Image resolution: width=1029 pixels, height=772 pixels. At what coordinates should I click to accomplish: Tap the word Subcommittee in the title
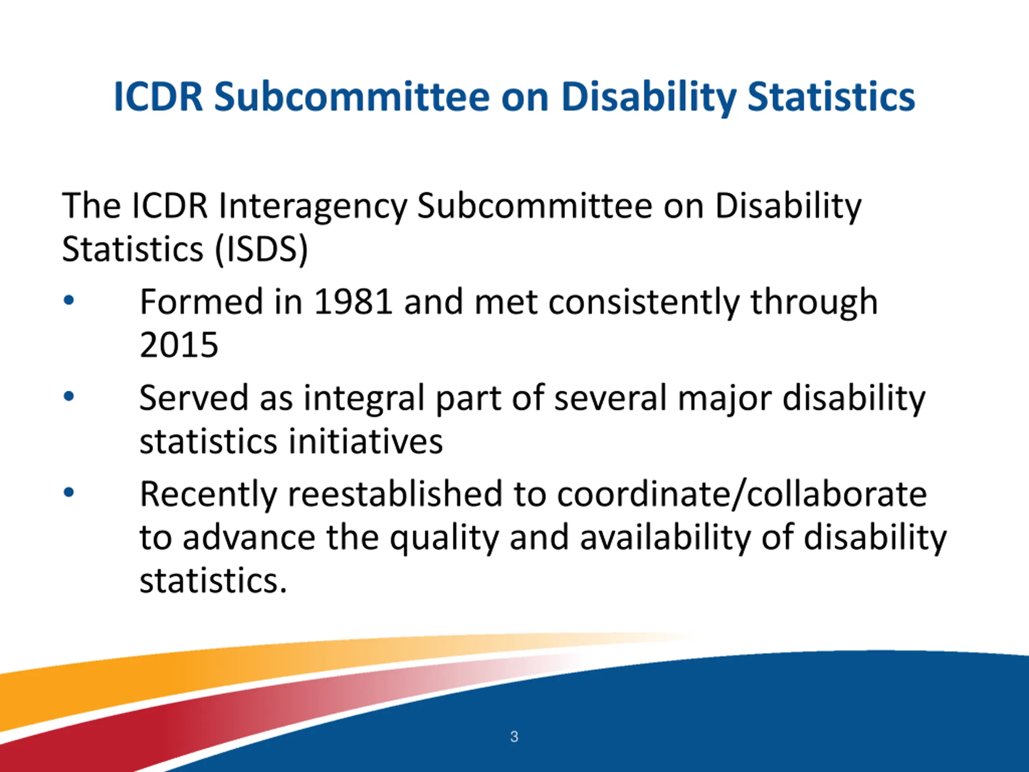[x=352, y=97]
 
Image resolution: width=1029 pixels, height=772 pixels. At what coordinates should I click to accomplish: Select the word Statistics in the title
[x=831, y=97]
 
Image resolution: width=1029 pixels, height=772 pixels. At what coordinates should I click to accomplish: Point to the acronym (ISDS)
[x=261, y=250]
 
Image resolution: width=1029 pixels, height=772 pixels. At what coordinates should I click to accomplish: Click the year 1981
[x=353, y=302]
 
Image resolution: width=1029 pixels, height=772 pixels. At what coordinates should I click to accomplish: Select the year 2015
[x=179, y=345]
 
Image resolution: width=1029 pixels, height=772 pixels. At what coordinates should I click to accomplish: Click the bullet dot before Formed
[x=69, y=301]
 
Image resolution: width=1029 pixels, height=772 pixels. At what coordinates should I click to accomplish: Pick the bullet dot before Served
[x=69, y=396]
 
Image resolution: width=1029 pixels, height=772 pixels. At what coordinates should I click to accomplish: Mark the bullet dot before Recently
[x=69, y=492]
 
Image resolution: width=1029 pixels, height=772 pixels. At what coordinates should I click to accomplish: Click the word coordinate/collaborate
[x=742, y=494]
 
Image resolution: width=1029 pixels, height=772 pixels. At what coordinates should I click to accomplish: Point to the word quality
[x=444, y=539]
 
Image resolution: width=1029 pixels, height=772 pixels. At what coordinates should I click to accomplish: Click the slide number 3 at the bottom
[x=514, y=737]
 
